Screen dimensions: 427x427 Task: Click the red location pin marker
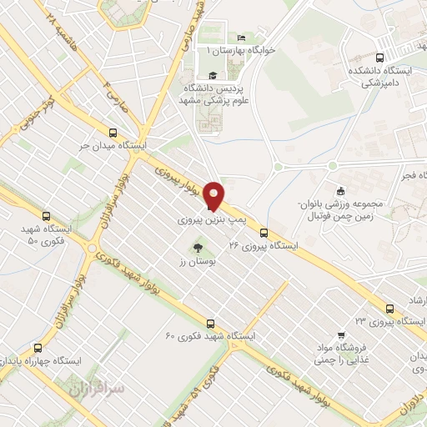pyautogui.click(x=214, y=195)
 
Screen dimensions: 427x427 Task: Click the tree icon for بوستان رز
pyautogui.click(x=198, y=247)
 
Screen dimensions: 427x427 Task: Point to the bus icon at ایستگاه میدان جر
pyautogui.click(x=113, y=131)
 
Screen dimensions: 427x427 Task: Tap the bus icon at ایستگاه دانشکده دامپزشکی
pyautogui.click(x=380, y=58)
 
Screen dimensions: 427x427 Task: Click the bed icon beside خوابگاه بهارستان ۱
pyautogui.click(x=242, y=38)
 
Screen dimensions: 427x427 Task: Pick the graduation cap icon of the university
pyautogui.click(x=213, y=76)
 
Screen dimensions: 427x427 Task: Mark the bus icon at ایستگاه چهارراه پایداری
pyautogui.click(x=37, y=347)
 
